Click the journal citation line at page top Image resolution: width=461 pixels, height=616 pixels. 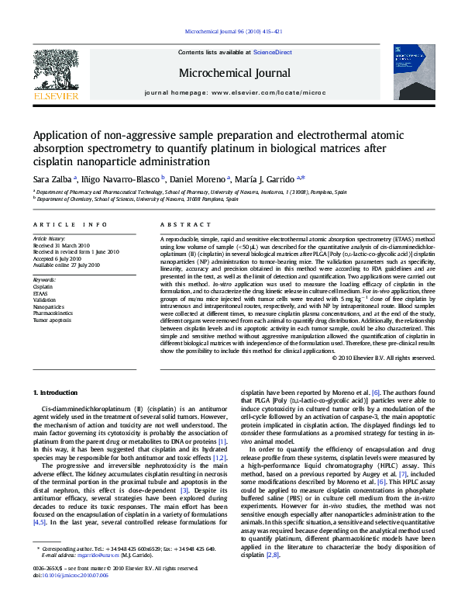[230, 32]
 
